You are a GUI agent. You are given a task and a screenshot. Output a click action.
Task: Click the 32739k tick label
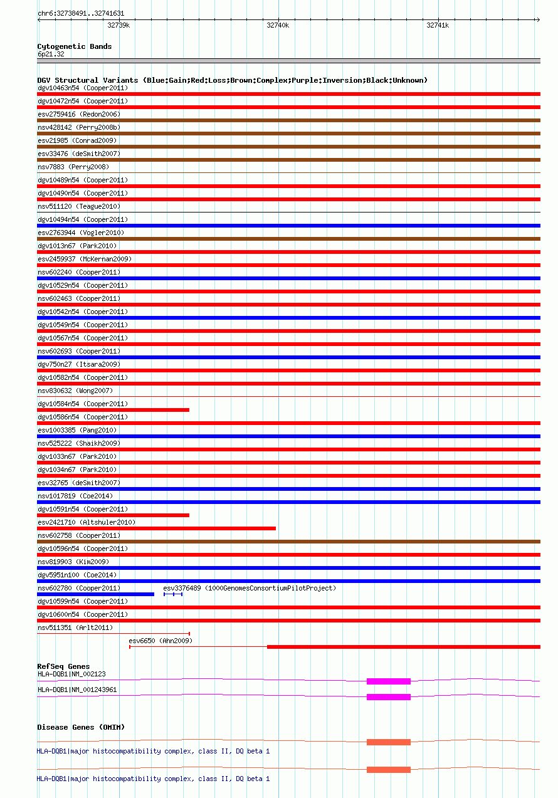tap(118, 25)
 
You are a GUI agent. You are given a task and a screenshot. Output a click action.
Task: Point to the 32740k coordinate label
tap(278, 25)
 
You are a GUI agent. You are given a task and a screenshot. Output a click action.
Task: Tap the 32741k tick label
tap(438, 25)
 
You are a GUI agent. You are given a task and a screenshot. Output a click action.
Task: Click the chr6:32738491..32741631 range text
tap(80, 13)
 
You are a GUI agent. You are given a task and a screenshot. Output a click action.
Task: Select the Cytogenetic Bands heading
tap(74, 46)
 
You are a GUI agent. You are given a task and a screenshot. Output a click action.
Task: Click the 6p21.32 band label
tap(51, 54)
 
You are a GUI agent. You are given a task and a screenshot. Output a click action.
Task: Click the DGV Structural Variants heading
tap(232, 80)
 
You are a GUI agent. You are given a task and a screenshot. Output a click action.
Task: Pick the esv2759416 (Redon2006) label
tap(79, 114)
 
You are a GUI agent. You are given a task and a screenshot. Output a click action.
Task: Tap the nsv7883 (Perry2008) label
tap(73, 167)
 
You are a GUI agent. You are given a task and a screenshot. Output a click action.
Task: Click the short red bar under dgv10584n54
tap(113, 410)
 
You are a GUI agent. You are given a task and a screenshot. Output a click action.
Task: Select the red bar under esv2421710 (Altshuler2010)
tap(157, 528)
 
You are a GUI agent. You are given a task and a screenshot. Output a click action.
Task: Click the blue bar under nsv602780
tap(95, 594)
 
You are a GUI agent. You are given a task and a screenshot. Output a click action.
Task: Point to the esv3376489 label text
tap(250, 588)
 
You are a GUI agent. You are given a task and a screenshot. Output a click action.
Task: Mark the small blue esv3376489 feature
tap(173, 594)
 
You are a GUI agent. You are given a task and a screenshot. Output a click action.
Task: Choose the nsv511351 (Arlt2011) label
tap(75, 627)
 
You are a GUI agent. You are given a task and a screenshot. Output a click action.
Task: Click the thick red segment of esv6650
tap(403, 647)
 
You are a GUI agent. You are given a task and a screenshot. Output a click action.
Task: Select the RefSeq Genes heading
tap(63, 666)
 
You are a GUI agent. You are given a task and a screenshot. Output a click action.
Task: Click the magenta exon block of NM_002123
tap(389, 681)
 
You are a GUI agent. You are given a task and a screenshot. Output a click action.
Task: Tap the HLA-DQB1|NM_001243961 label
tap(77, 690)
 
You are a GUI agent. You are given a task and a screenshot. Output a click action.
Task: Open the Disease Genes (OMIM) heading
tap(81, 727)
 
